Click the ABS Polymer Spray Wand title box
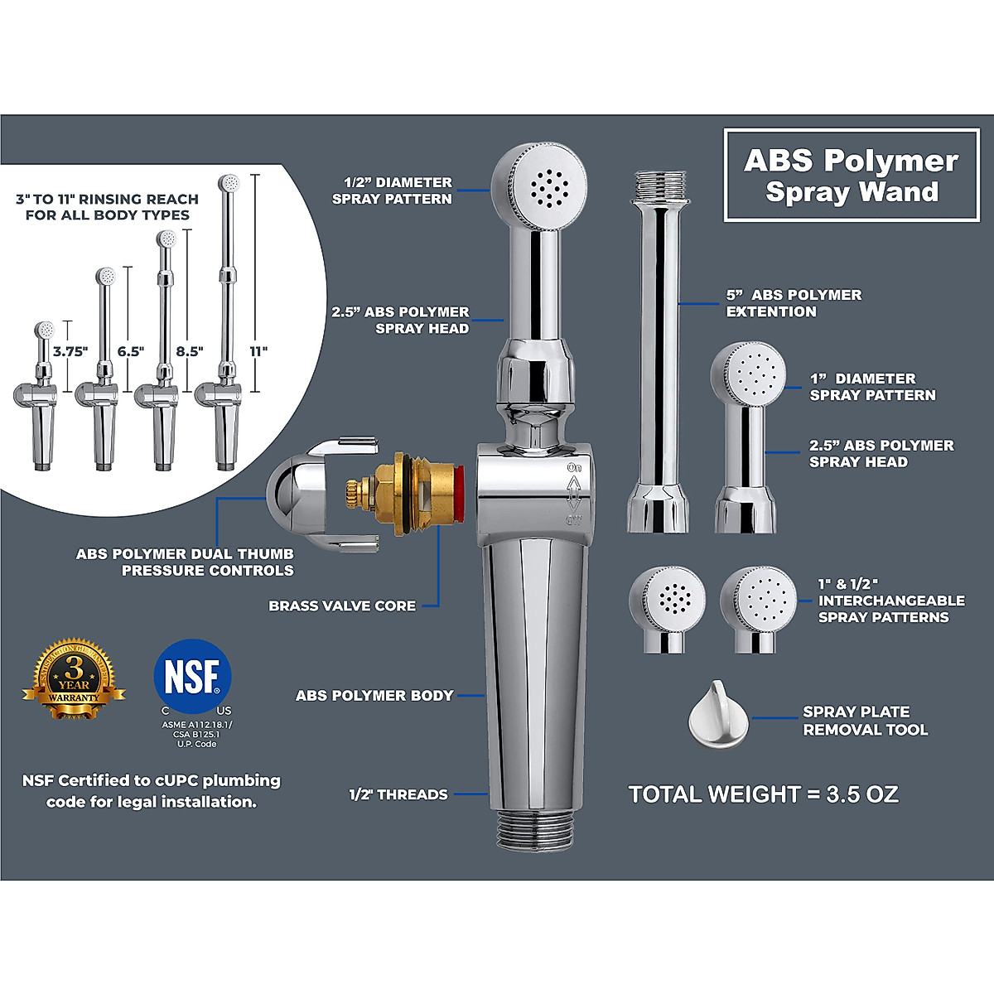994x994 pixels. click(852, 175)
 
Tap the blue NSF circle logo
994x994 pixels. click(192, 675)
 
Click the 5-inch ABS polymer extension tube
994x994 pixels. click(659, 348)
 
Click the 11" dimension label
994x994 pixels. click(259, 351)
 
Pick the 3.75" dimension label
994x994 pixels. click(70, 351)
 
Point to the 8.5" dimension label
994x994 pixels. click(189, 351)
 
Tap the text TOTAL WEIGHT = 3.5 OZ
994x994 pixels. click(763, 794)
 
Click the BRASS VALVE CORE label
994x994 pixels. click(342, 606)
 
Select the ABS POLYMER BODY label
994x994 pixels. click(374, 696)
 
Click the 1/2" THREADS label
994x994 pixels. click(398, 795)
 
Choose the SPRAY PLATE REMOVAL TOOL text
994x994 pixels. click(865, 721)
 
